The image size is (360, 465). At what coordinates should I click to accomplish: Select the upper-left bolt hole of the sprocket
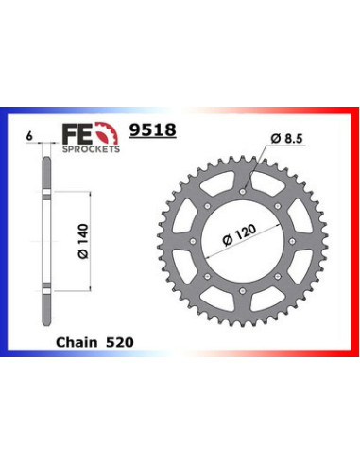pyautogui.click(x=208, y=206)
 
